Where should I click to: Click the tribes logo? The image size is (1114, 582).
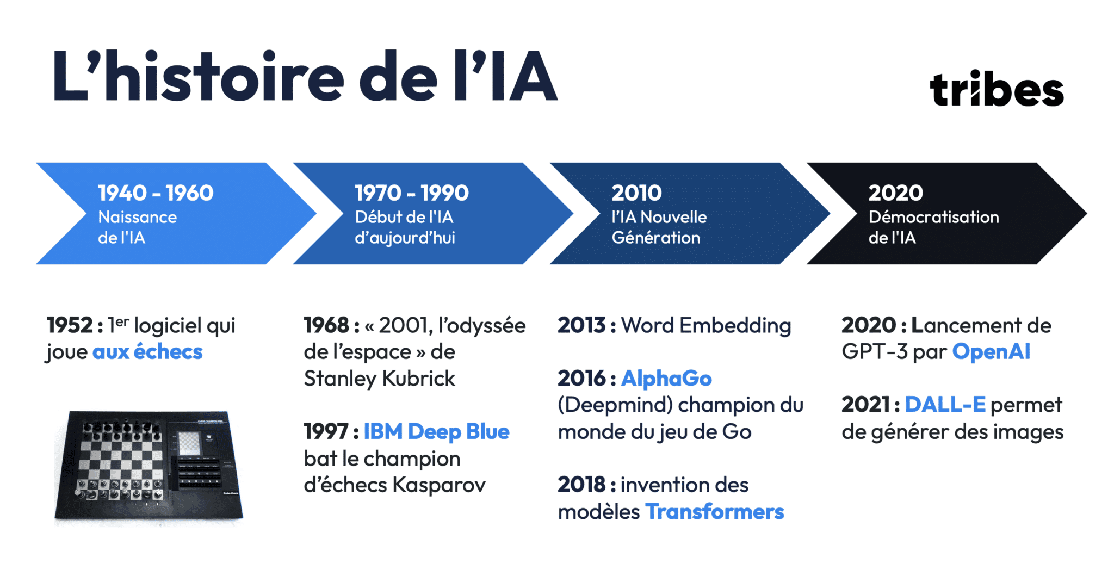click(x=997, y=90)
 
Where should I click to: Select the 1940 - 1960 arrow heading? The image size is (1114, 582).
click(x=156, y=193)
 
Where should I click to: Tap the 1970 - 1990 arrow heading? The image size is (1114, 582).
click(x=411, y=193)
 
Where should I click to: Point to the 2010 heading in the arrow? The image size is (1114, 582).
click(x=636, y=193)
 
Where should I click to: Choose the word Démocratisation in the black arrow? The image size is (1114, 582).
click(x=933, y=217)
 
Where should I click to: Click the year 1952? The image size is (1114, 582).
click(x=70, y=325)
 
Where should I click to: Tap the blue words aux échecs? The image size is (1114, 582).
click(x=147, y=352)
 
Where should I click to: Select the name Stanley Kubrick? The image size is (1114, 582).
click(x=379, y=379)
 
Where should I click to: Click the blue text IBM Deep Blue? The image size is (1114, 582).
click(x=436, y=432)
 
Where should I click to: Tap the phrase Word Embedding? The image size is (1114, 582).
click(x=706, y=325)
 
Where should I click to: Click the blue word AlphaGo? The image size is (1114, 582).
click(x=666, y=379)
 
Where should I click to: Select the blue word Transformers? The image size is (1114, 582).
click(x=714, y=512)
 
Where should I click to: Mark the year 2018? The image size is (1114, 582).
click(x=581, y=485)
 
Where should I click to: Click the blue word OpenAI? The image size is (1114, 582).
click(x=991, y=352)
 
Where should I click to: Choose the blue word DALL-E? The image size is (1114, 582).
click(x=945, y=405)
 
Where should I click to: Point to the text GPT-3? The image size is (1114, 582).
click(x=875, y=352)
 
